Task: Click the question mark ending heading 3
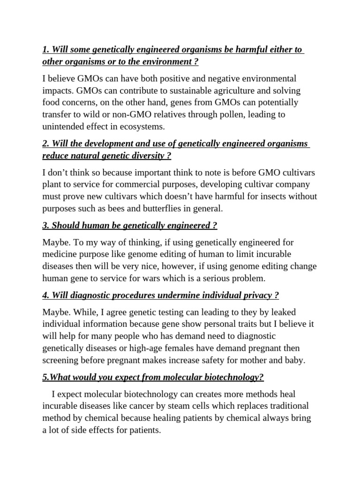tap(215, 226)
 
